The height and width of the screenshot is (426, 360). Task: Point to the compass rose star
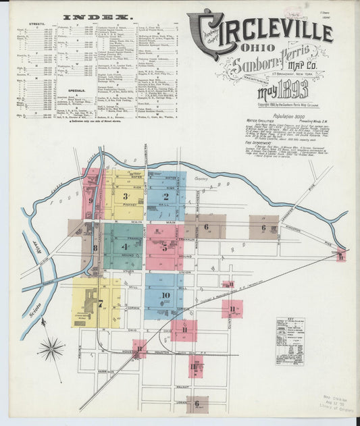click(51, 349)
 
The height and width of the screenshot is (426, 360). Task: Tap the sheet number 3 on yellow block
click(126, 196)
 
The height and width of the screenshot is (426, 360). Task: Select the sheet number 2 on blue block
click(165, 196)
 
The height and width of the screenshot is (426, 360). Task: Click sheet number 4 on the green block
click(125, 246)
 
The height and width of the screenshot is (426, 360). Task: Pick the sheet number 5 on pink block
click(164, 247)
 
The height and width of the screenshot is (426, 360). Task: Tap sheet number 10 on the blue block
click(165, 295)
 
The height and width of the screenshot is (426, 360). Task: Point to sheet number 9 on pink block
click(89, 200)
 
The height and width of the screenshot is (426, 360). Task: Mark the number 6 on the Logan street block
click(197, 404)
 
